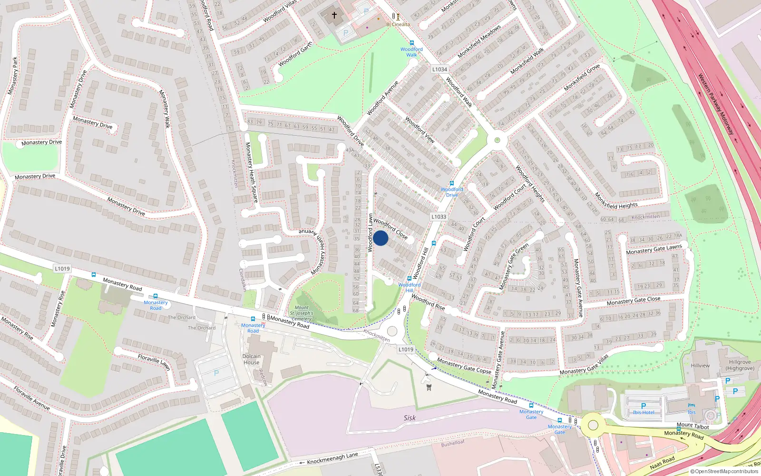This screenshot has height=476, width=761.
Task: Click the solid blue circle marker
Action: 380,238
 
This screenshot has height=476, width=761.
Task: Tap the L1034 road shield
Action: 439,69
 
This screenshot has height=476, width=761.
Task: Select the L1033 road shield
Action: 439,217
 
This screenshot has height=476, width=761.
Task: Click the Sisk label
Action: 410,418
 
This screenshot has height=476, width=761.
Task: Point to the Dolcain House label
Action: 251,359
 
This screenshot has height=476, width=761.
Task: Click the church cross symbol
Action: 334,15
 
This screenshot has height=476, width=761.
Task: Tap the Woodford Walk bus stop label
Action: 411,52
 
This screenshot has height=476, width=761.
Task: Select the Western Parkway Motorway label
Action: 716,104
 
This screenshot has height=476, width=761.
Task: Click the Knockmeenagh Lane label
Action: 332,458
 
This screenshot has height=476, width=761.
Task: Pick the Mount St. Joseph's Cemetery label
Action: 302,313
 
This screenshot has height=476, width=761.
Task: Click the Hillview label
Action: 700,366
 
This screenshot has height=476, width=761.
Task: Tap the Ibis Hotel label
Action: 644,412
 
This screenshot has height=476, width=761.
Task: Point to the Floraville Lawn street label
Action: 154,362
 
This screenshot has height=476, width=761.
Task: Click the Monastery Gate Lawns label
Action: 654,249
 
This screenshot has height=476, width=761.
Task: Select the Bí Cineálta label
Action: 398,24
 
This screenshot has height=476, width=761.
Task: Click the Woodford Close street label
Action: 390,228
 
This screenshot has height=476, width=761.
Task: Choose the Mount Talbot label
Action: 693,426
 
